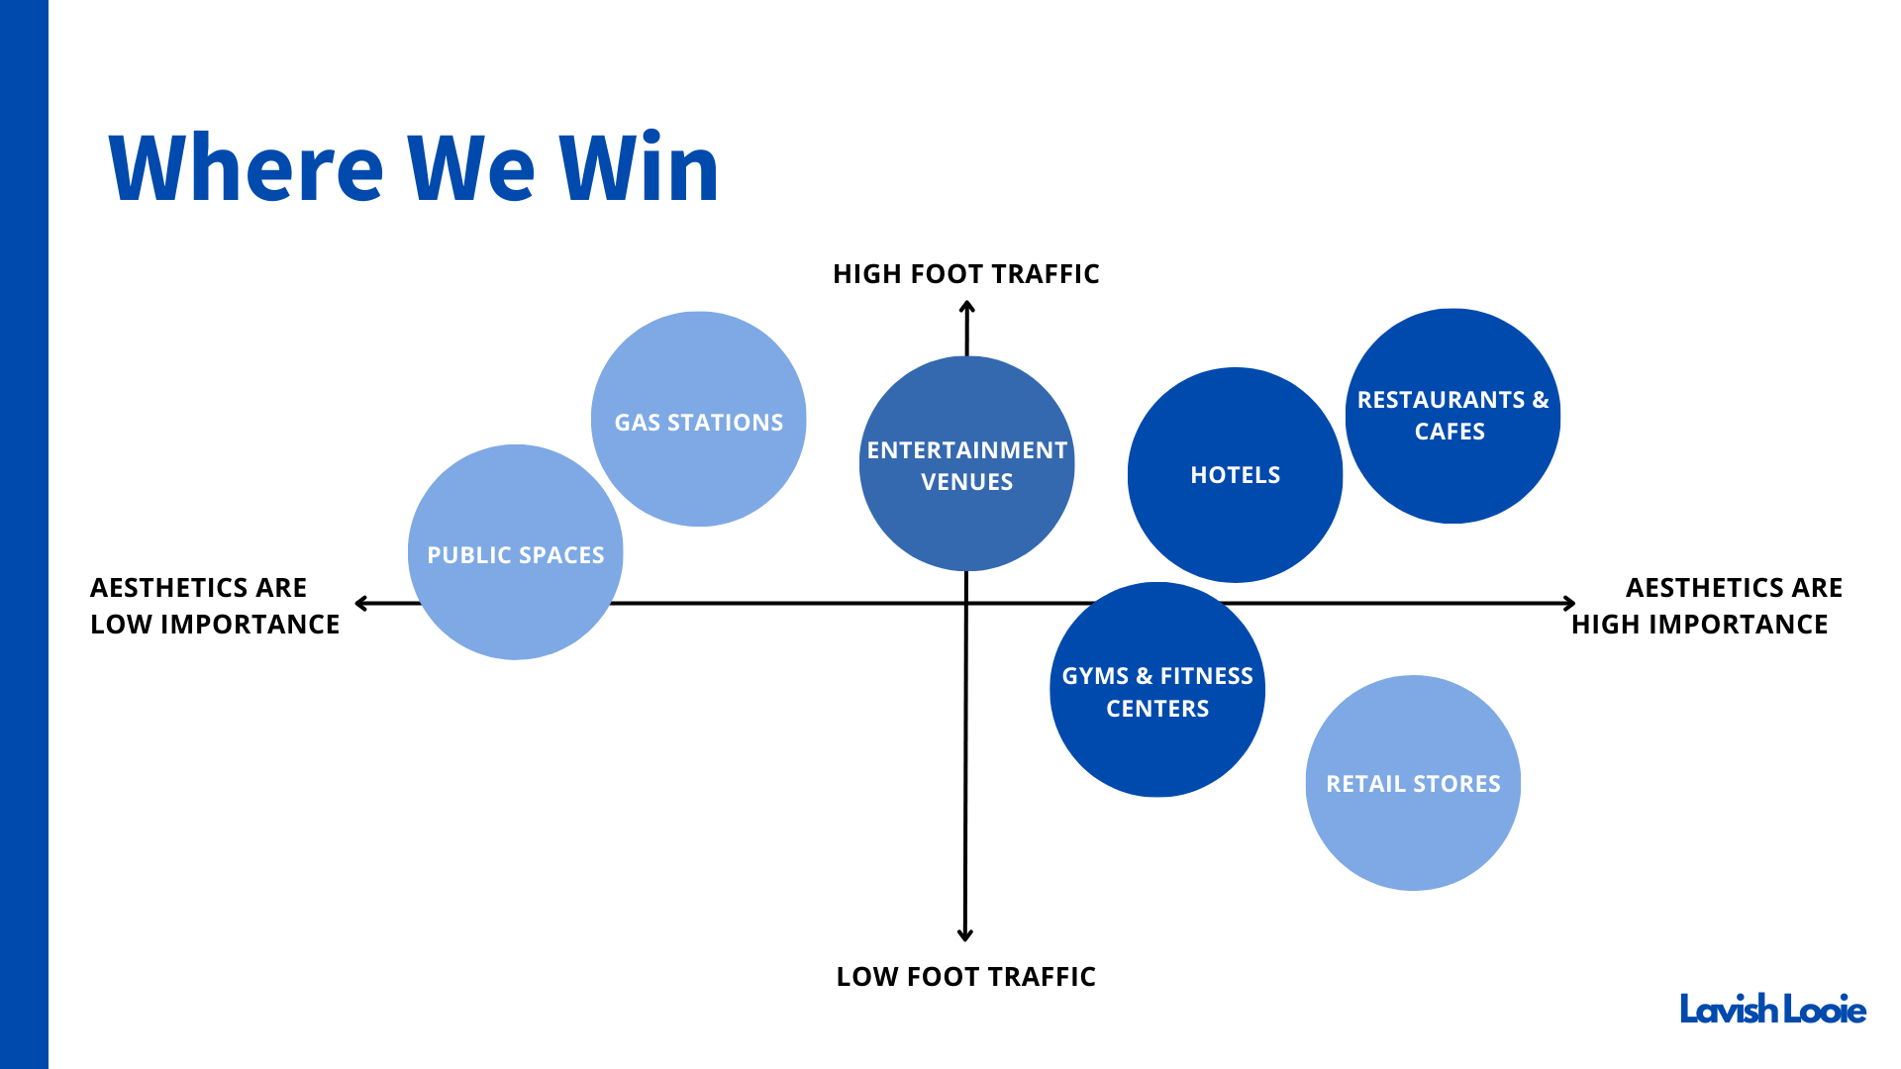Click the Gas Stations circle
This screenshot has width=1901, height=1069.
pyautogui.click(x=698, y=420)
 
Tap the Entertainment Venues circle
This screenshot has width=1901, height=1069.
pyautogui.click(x=966, y=464)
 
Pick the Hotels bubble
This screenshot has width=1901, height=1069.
pyautogui.click(x=1235, y=475)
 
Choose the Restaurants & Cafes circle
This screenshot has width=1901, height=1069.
pyautogui.click(x=1452, y=416)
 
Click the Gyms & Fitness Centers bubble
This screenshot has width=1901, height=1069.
pyautogui.click(x=1156, y=690)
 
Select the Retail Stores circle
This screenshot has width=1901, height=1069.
pyautogui.click(x=1413, y=783)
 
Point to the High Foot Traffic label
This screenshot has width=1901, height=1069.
pyautogui.click(x=965, y=274)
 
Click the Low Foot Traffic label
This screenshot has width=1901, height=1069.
pyautogui.click(x=965, y=977)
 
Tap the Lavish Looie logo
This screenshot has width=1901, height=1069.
pyautogui.click(x=1772, y=1010)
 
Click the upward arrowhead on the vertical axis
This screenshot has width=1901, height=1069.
pyautogui.click(x=967, y=308)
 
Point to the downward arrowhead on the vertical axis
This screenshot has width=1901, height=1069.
pyautogui.click(x=965, y=934)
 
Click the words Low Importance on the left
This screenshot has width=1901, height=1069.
pyautogui.click(x=215, y=625)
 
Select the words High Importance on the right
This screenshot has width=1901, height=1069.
pyautogui.click(x=1699, y=625)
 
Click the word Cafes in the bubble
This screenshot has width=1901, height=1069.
pyautogui.click(x=1450, y=432)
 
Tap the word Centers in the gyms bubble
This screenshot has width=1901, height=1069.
pyautogui.click(x=1157, y=709)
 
